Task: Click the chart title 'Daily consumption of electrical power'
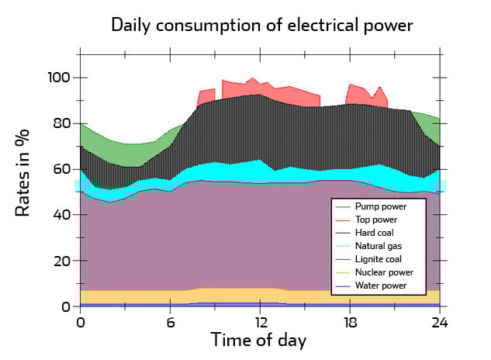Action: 262,24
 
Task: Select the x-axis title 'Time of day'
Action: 260,340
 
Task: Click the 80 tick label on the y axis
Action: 62,123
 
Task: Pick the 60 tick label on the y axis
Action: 62,169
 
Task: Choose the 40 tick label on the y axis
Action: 62,215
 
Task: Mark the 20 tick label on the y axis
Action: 62,261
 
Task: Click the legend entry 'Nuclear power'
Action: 384,272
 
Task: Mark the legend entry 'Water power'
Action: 381,286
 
